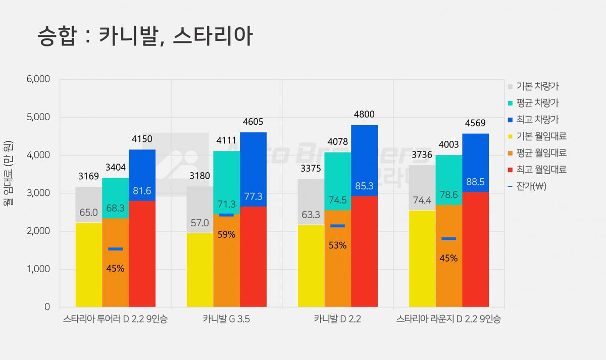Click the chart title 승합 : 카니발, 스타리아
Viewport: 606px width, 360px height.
[145, 36]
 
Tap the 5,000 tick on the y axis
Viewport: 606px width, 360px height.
[38, 117]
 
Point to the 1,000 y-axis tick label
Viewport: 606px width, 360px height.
[38, 269]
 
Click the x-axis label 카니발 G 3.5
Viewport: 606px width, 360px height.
[226, 319]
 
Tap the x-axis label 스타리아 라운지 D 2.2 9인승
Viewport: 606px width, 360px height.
[448, 319]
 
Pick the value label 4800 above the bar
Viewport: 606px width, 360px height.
[364, 115]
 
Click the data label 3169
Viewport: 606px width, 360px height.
[89, 176]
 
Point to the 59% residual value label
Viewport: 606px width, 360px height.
[226, 234]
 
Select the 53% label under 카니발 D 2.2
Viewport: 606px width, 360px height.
[337, 245]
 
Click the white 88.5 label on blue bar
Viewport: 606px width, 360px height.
[475, 182]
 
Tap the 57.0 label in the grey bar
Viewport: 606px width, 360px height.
[199, 223]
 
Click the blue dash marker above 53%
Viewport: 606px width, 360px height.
[338, 226]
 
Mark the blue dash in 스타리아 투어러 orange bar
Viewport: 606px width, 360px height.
[116, 249]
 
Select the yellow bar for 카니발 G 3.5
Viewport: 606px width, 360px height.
[200, 270]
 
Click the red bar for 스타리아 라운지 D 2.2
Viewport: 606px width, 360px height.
[476, 249]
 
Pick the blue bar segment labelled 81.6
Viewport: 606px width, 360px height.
[142, 175]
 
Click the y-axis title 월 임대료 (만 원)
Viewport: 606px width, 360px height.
[8, 173]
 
